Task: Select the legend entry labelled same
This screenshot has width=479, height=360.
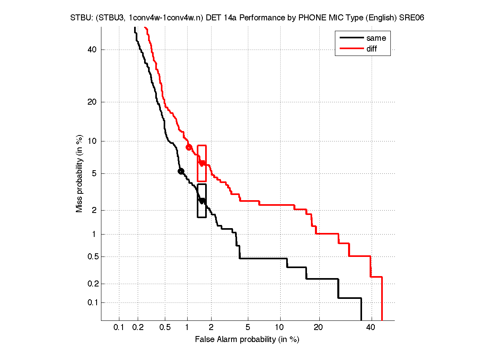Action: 376,38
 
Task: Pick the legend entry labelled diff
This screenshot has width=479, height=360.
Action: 372,49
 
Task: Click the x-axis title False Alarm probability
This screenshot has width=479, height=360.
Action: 247,340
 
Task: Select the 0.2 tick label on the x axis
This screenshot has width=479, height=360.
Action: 138,328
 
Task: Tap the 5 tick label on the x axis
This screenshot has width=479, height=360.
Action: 248,328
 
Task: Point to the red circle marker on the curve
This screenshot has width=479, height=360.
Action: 189,147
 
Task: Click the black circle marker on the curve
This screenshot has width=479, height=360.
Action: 180,171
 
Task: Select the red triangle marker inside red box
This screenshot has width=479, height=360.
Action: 202,163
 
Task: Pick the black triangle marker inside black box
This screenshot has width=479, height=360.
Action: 202,201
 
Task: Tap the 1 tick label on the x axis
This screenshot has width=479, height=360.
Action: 187,328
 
